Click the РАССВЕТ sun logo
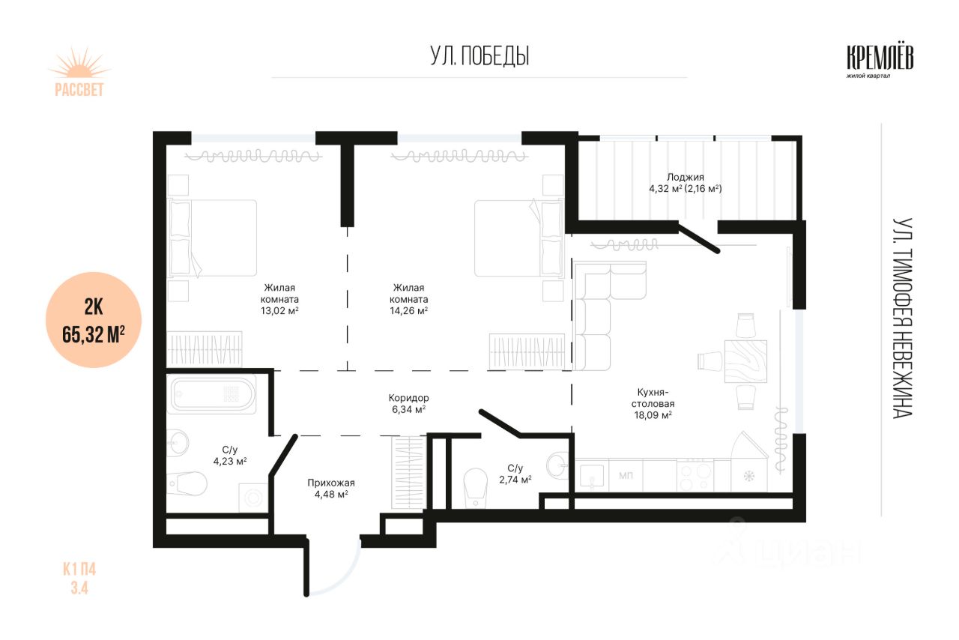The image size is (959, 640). (79, 72)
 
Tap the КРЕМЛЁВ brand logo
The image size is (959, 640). (880, 62)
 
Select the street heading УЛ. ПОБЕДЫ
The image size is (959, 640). (479, 56)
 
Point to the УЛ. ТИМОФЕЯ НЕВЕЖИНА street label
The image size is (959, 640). (902, 318)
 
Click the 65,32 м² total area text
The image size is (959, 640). (94, 334)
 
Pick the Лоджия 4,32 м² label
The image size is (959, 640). (686, 183)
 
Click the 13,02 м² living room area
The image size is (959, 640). (279, 310)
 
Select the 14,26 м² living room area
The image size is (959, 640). (408, 310)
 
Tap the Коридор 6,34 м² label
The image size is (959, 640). (408, 403)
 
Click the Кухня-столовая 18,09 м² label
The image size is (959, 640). (653, 403)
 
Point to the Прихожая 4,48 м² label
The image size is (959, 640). (331, 489)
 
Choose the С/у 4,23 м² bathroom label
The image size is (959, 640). (230, 456)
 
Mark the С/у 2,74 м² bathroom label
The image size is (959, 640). (515, 474)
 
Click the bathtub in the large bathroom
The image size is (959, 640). (211, 394)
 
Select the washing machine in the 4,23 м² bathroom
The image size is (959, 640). (253, 498)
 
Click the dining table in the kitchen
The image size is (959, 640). (745, 361)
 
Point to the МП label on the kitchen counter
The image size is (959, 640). (626, 475)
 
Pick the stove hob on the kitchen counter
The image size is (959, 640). (695, 475)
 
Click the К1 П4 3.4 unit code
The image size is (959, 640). (79, 579)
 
